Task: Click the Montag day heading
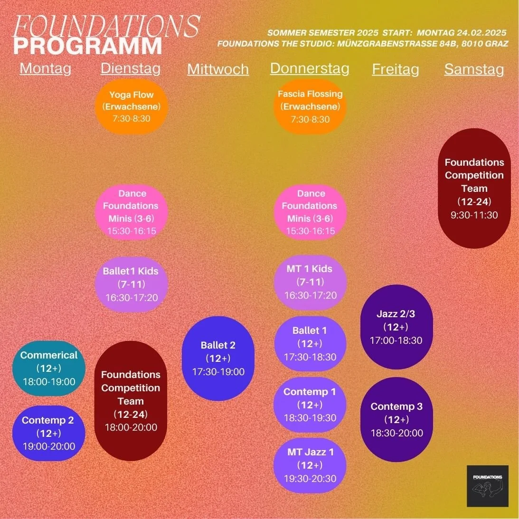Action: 46,68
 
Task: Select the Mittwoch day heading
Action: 218,69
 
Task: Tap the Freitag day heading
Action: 396,69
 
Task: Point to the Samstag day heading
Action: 474,69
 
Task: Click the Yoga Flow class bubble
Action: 132,106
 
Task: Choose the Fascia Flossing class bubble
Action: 310,106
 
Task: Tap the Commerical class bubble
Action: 49,368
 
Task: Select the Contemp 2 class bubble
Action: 49,433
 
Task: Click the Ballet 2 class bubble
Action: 218,359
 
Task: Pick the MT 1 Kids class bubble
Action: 310,282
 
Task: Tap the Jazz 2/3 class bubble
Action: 396,327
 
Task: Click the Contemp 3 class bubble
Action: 396,419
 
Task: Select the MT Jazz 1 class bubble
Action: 310,465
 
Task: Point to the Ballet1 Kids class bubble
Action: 131,284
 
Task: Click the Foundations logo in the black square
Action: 488,486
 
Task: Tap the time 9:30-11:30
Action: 474,215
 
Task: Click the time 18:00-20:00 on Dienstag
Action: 131,427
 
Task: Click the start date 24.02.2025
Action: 481,33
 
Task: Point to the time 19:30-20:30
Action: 310,479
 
